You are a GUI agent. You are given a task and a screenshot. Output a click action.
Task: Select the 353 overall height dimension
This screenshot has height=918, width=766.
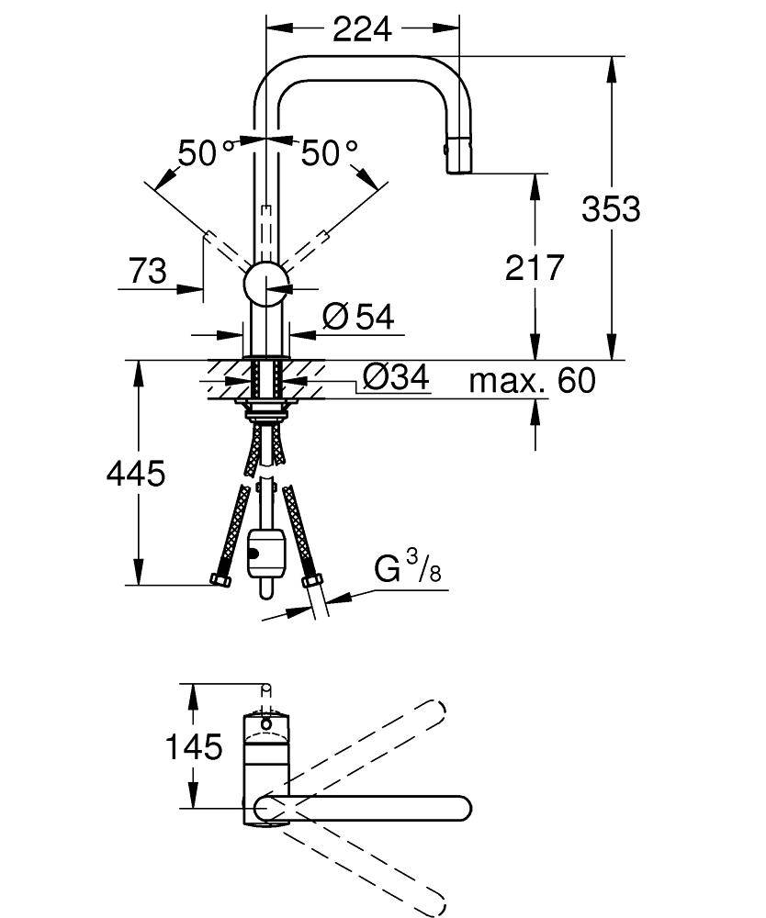pos(610,208)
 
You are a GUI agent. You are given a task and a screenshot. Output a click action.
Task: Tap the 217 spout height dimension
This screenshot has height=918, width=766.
pos(534,267)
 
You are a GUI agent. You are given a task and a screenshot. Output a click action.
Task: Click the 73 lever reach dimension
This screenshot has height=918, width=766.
pos(147,271)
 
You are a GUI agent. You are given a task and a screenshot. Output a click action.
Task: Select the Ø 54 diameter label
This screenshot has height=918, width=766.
pos(358,317)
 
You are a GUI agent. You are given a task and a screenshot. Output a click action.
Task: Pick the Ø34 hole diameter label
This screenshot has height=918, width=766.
pos(396,376)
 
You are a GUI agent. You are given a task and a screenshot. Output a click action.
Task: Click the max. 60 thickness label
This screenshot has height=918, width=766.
pos(532,379)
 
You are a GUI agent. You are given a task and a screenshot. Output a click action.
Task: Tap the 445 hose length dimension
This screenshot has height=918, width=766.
pos(136,473)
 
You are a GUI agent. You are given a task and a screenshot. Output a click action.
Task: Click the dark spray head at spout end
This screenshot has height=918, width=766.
pos(460,152)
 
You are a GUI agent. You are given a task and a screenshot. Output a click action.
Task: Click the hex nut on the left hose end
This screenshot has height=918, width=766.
pos(220,579)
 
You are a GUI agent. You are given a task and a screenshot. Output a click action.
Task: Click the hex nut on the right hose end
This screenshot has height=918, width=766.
pos(311,580)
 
